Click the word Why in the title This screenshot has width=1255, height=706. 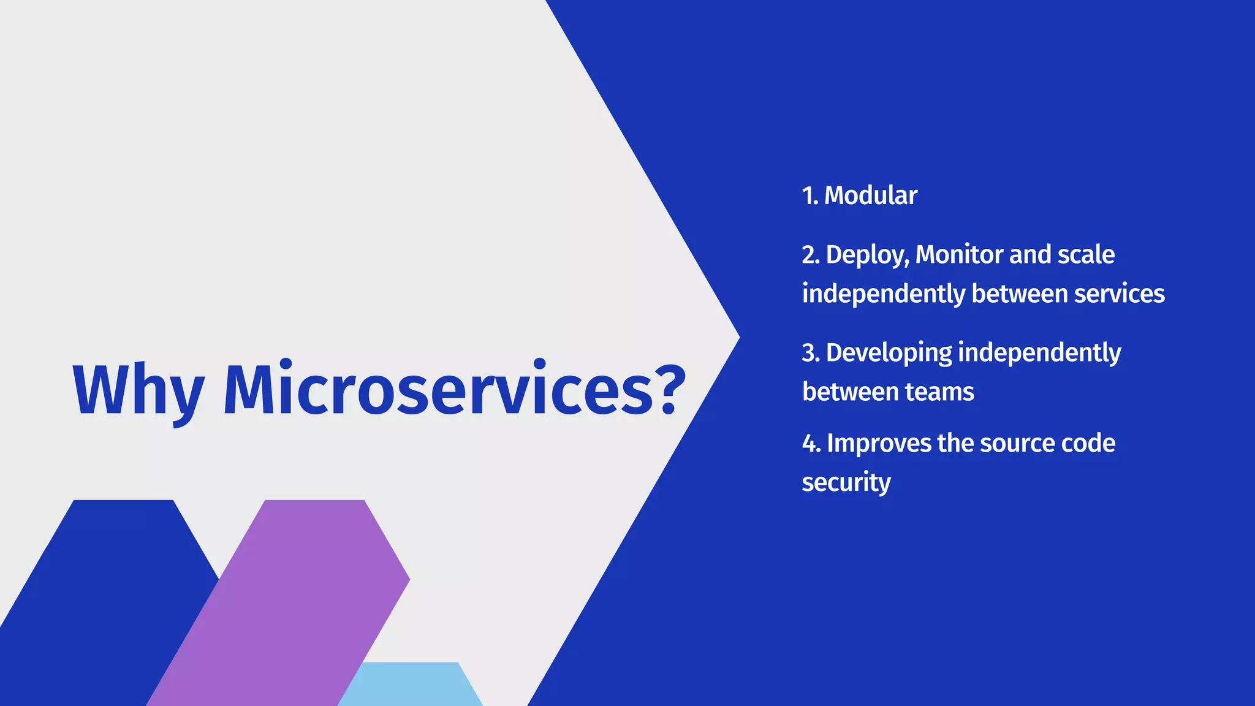pos(137,390)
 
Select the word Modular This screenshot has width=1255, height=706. pos(870,195)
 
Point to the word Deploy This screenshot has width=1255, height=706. pos(866,255)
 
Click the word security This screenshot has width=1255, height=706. pos(846,483)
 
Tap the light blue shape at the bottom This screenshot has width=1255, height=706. pos(411,685)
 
